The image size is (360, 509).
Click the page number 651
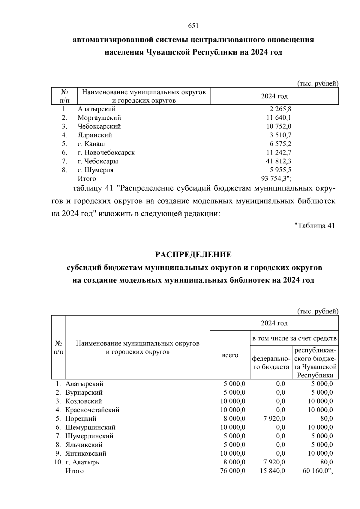193,26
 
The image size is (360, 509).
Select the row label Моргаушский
99,118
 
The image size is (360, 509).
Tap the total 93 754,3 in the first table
275,179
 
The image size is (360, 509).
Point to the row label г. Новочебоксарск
106,153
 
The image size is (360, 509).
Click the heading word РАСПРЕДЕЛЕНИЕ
193,255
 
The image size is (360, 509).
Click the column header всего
230,355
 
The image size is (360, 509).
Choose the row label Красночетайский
92,410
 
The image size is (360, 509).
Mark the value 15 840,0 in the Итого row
272,471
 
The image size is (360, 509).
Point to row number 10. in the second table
58,462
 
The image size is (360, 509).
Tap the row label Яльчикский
84,445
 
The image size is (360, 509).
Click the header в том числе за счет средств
294,339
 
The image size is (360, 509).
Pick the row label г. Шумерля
95,170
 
